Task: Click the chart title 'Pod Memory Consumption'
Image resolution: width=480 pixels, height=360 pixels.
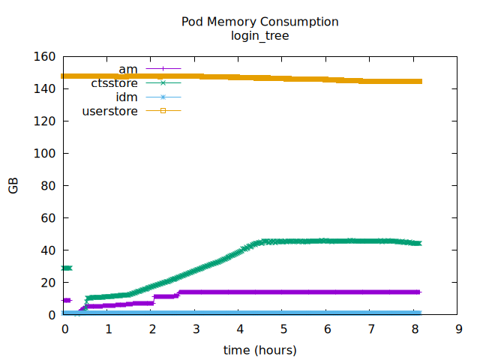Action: coord(259,22)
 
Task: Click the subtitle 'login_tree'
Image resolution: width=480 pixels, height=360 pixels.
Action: coord(259,35)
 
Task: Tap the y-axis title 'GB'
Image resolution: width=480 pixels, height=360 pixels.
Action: coord(13,186)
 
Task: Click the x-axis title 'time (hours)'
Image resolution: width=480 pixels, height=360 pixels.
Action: coord(259,350)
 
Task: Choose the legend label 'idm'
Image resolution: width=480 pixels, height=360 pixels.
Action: coord(126,97)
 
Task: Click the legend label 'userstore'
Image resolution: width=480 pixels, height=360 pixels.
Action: coord(109,112)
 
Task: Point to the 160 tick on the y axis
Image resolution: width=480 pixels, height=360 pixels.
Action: coord(45,56)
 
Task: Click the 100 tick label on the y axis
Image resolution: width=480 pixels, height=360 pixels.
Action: coord(45,153)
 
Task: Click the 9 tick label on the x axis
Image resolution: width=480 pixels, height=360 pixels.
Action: coord(458,329)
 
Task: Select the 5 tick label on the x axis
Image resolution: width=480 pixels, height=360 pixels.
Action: coord(283,329)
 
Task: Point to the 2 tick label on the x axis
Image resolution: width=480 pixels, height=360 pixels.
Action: coord(152,329)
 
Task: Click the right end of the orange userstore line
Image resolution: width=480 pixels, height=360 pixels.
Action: coord(421,81)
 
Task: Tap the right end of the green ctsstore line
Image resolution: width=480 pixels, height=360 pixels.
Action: coord(419,243)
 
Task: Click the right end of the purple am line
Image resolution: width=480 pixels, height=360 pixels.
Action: coord(420,292)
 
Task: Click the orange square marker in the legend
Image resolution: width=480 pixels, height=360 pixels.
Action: coord(163,112)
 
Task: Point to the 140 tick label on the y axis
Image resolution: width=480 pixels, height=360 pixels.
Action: coord(45,88)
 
